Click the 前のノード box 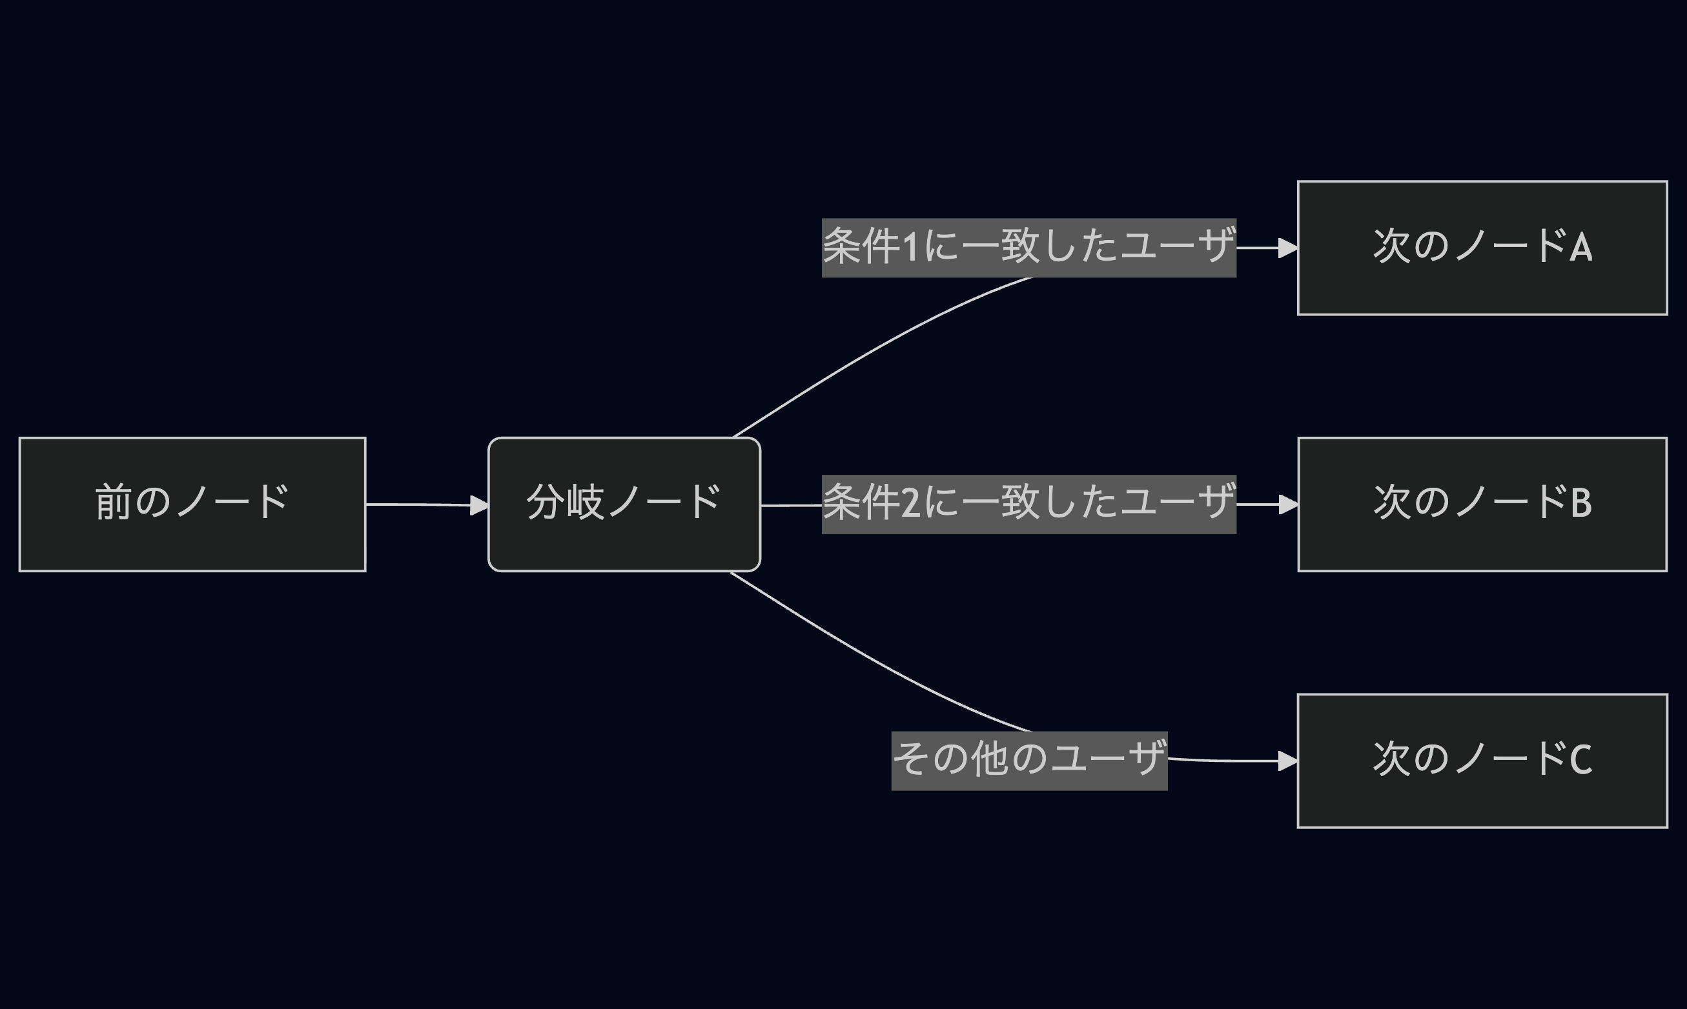pyautogui.click(x=192, y=504)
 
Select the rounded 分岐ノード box pyautogui.click(x=624, y=504)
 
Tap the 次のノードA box pyautogui.click(x=1482, y=248)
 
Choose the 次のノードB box pyautogui.click(x=1482, y=504)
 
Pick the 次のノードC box pyautogui.click(x=1482, y=761)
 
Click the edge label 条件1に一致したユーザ pyautogui.click(x=1028, y=248)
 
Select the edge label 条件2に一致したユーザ pyautogui.click(x=1028, y=504)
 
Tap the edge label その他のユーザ pyautogui.click(x=1029, y=761)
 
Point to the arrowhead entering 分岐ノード pyautogui.click(x=479, y=505)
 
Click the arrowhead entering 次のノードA pyautogui.click(x=1288, y=248)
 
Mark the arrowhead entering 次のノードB pyautogui.click(x=1288, y=504)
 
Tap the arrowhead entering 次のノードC pyautogui.click(x=1288, y=761)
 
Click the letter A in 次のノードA pyautogui.click(x=1581, y=248)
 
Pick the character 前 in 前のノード pyautogui.click(x=113, y=503)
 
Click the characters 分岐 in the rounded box pyautogui.click(x=565, y=503)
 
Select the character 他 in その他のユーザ pyautogui.click(x=990, y=759)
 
